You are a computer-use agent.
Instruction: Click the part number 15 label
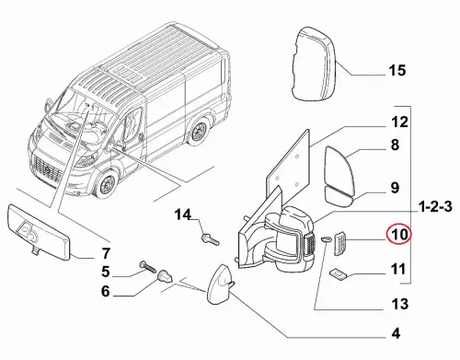click(x=397, y=70)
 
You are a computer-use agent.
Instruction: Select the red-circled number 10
click(x=398, y=234)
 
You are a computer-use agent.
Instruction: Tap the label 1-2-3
click(x=435, y=207)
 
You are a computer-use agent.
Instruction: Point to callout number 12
click(x=399, y=122)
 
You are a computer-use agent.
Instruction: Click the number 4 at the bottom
click(x=396, y=333)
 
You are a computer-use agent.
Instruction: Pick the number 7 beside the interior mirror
click(x=105, y=253)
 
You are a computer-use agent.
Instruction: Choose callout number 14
click(x=183, y=215)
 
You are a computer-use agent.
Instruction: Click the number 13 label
click(x=400, y=304)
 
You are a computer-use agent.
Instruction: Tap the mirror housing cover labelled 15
click(x=313, y=64)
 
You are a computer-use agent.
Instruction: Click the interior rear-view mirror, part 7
click(x=40, y=232)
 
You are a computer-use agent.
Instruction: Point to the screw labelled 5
click(x=147, y=268)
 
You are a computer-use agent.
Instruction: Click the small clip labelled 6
click(x=165, y=277)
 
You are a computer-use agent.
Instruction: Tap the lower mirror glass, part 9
click(x=338, y=196)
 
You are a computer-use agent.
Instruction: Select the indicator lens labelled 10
click(x=339, y=243)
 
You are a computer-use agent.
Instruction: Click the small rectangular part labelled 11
click(x=338, y=274)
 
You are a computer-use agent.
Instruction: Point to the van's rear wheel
click(x=199, y=132)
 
